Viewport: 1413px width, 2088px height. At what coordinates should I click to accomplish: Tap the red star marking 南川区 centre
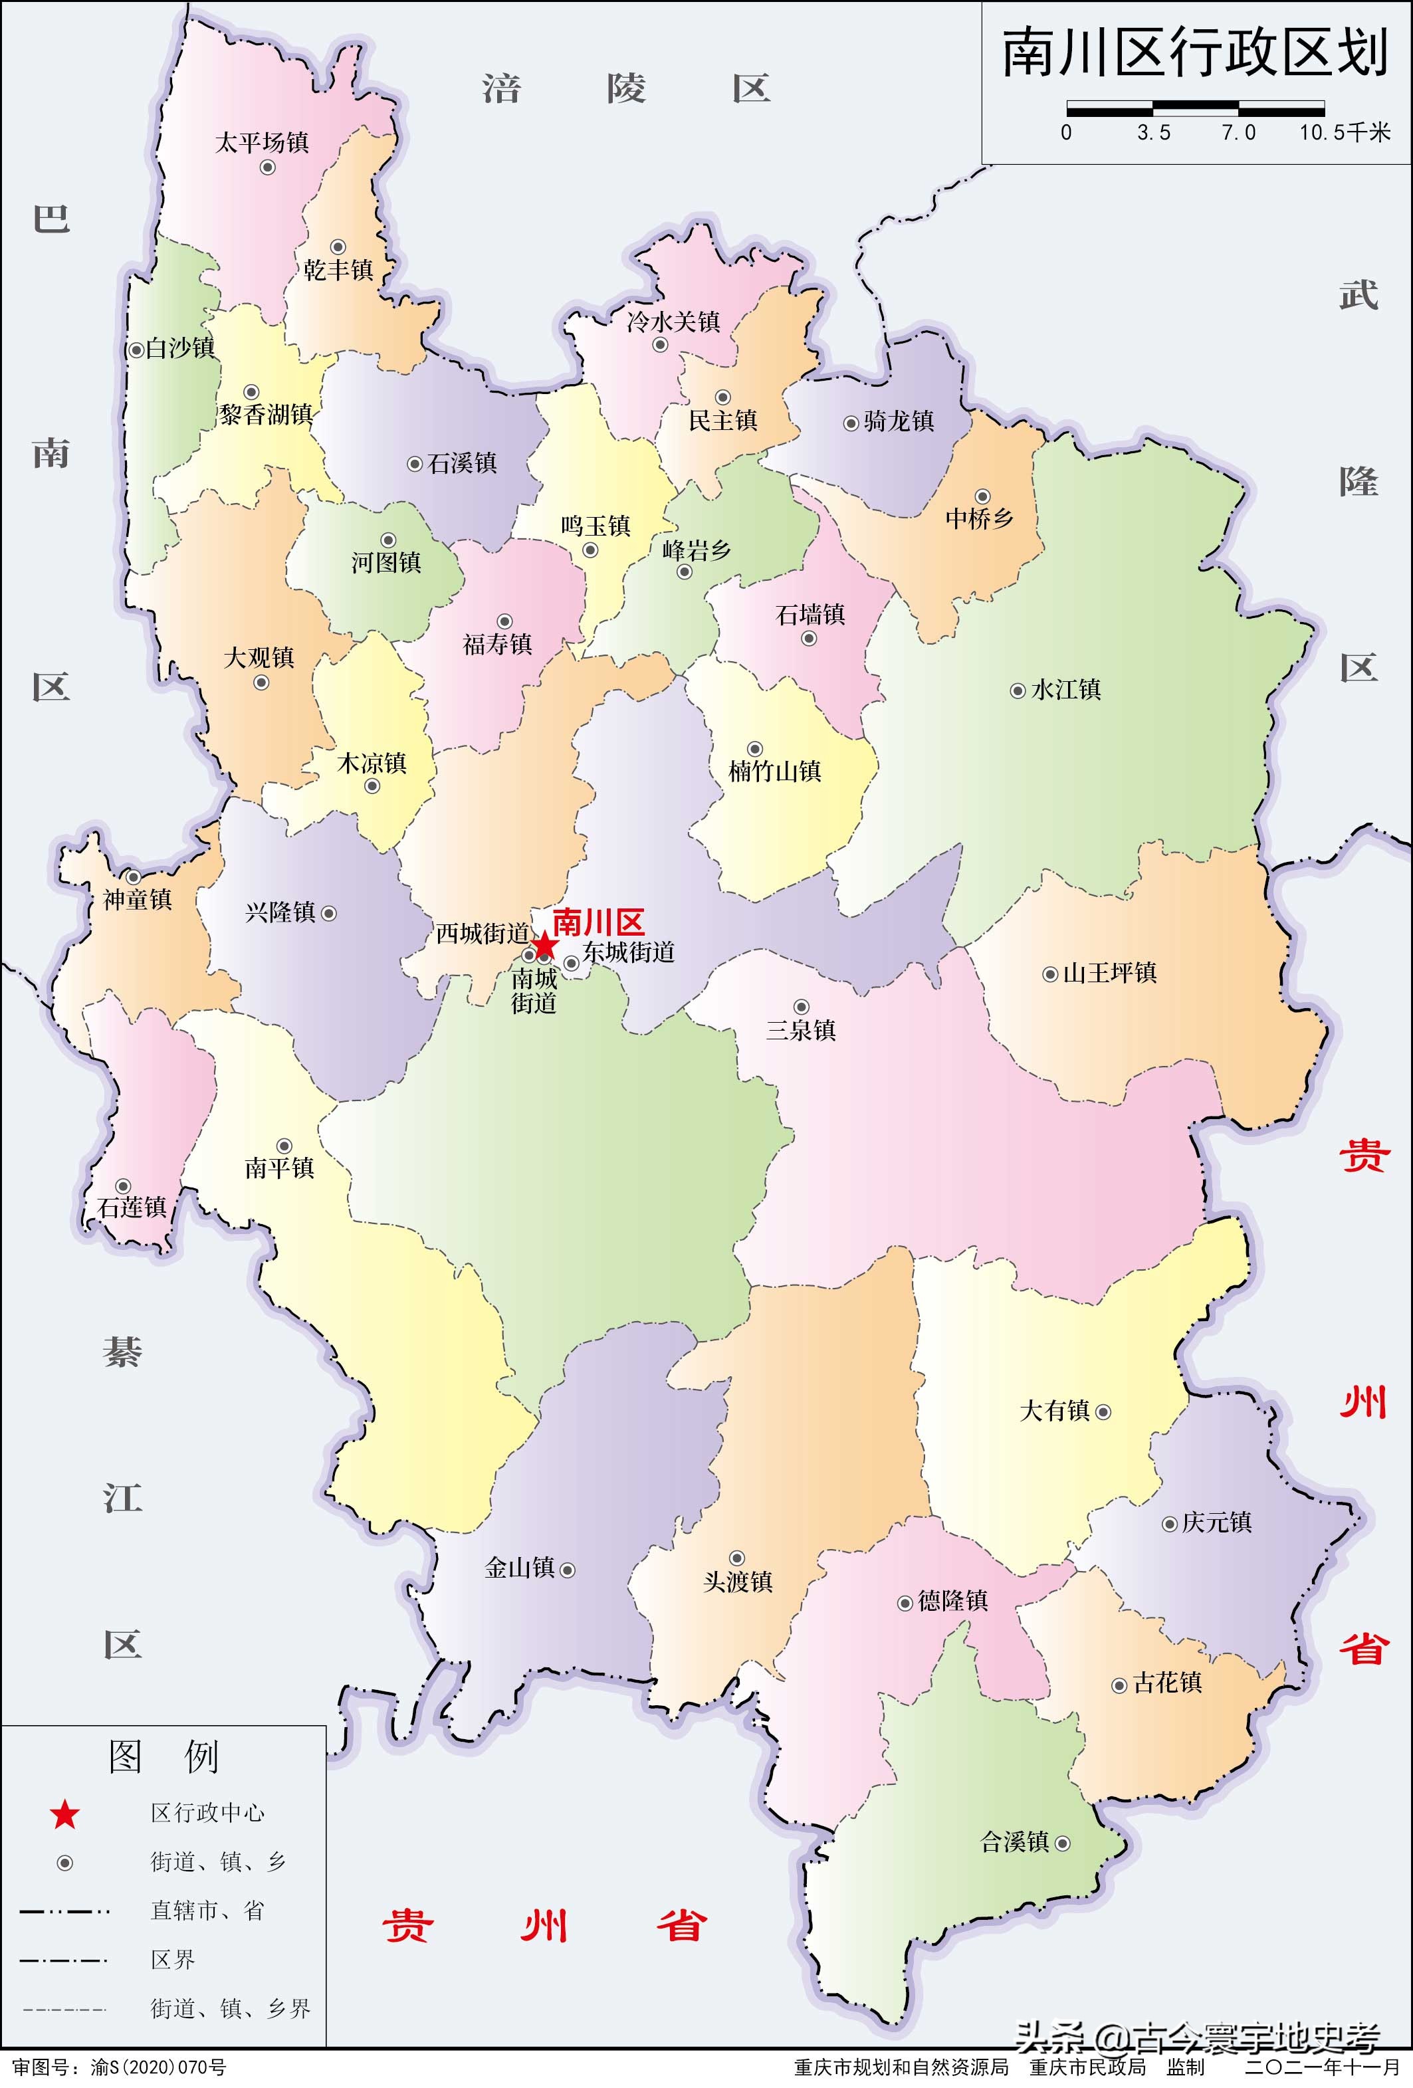[545, 946]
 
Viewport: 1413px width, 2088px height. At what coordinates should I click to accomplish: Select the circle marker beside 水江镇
[1018, 691]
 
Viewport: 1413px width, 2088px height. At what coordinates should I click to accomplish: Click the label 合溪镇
[1015, 1843]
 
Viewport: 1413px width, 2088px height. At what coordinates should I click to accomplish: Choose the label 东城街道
[629, 952]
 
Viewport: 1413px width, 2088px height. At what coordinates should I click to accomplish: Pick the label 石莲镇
[133, 1207]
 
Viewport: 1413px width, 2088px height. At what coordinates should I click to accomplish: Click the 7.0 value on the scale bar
[1238, 133]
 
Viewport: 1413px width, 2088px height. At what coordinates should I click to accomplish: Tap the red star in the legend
[64, 1815]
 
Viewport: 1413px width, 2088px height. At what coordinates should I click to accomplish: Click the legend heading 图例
[163, 1756]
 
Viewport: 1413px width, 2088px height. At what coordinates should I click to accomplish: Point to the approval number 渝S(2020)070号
[158, 2067]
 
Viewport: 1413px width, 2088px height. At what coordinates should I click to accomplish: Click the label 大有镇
[1055, 1411]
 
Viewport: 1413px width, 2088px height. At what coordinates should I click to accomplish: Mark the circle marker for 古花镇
[1119, 1687]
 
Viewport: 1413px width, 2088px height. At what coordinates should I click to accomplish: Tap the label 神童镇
[138, 899]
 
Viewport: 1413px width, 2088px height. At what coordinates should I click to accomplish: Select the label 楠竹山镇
[774, 771]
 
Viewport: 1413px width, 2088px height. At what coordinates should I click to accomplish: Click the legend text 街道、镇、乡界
[231, 2009]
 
